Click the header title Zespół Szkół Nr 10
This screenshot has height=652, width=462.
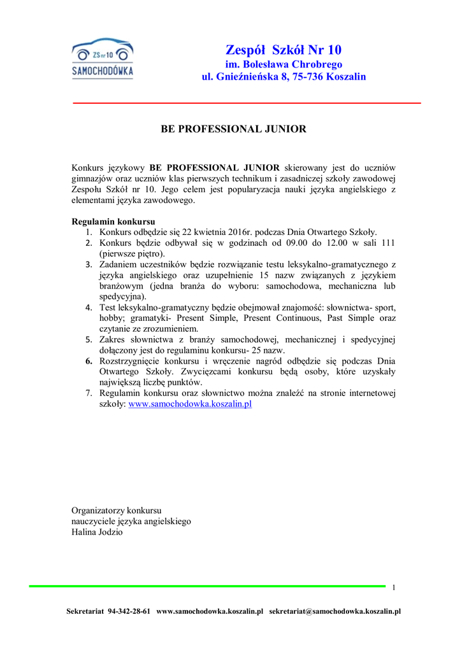(x=284, y=50)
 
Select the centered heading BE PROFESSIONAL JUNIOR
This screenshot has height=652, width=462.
(x=233, y=129)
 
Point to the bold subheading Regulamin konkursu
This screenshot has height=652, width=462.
(x=113, y=222)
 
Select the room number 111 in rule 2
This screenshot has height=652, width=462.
(x=388, y=243)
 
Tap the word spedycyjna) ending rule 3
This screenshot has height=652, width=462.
(x=122, y=296)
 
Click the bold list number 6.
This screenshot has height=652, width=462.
(x=89, y=361)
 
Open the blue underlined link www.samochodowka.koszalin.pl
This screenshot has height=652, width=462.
(x=191, y=404)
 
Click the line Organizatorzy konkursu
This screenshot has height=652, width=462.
(x=117, y=510)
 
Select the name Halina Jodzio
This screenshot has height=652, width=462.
(x=97, y=532)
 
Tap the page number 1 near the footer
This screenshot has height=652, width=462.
(x=394, y=587)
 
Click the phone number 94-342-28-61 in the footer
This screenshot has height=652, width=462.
(x=129, y=611)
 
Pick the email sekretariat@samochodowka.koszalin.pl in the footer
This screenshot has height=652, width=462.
(x=335, y=611)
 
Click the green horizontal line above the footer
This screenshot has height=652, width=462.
(x=207, y=585)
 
